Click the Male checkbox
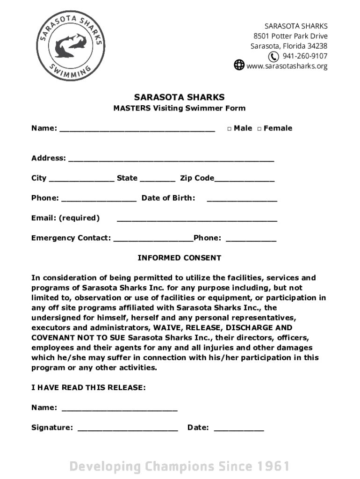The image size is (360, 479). [230, 129]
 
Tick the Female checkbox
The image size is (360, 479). [259, 129]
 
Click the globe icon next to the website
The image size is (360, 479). [239, 65]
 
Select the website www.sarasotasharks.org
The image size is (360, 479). [287, 66]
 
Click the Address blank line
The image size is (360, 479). [171, 159]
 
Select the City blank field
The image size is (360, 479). [81, 179]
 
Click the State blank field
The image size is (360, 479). [158, 179]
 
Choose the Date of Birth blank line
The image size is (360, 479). [242, 199]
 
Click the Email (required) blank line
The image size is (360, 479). [196, 219]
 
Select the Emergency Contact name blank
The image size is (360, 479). [153, 239]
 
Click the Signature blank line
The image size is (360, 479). [128, 428]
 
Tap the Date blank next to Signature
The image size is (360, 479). [239, 428]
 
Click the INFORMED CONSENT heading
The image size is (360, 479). [179, 258]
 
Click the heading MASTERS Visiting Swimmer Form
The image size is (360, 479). [179, 108]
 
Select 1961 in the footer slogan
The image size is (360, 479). [273, 466]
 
